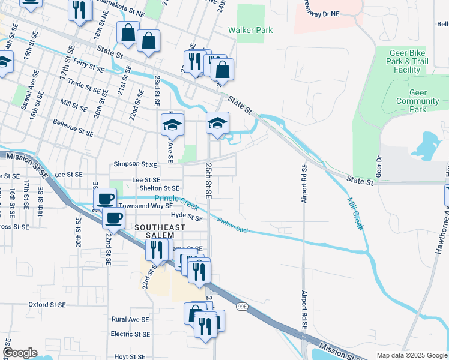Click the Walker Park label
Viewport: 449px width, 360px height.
coord(250,30)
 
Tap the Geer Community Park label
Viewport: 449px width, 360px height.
coord(418,101)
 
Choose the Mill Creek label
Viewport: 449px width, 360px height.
coord(355,213)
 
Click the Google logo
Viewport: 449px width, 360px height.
coord(20,353)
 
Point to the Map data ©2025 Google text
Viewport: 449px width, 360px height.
coord(411,355)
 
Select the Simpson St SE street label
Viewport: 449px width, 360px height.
coord(135,164)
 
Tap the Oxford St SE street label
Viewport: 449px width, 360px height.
coord(47,305)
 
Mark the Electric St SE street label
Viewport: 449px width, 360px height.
coord(130,334)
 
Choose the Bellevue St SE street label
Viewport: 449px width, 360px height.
coord(73,128)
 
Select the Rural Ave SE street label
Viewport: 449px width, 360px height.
coord(130,319)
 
